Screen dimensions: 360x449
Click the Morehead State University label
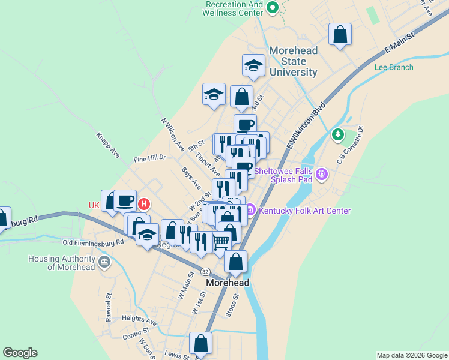coord(293,61)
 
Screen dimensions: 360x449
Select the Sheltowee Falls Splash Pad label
coord(285,175)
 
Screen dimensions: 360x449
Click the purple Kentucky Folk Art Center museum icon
coord(250,210)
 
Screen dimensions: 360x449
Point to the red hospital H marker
coord(143,205)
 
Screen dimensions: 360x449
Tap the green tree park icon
coord(338,135)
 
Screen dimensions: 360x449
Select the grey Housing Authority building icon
coord(105,262)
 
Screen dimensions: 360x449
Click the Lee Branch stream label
coord(393,67)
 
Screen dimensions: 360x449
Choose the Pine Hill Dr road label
coord(149,158)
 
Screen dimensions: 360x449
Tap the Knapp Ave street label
coord(108,145)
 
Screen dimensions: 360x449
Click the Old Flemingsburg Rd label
coord(93,242)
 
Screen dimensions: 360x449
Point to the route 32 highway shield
coord(205,271)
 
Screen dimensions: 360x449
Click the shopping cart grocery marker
coord(221,242)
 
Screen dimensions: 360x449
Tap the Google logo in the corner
coord(20,353)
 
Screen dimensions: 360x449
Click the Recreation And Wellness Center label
coord(234,8)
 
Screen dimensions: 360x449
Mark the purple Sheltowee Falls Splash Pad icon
coord(322,175)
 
